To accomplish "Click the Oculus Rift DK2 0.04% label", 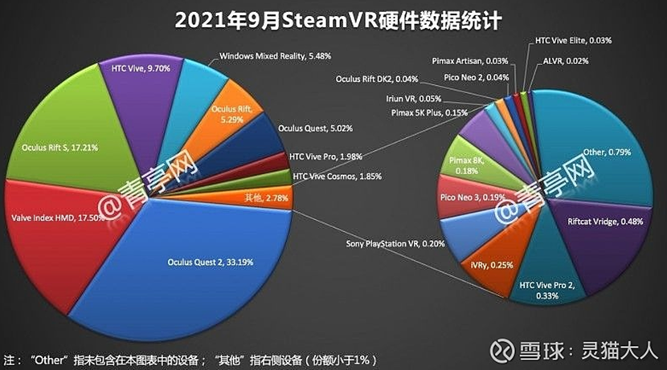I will pyautogui.click(x=378, y=78).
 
